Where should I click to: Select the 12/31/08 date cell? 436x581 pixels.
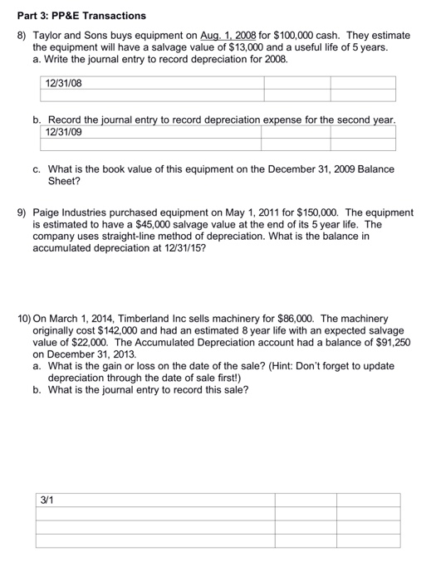65,83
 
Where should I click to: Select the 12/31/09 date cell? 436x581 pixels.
65,132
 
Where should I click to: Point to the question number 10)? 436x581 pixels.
25,319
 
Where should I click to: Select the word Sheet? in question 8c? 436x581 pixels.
65,180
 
